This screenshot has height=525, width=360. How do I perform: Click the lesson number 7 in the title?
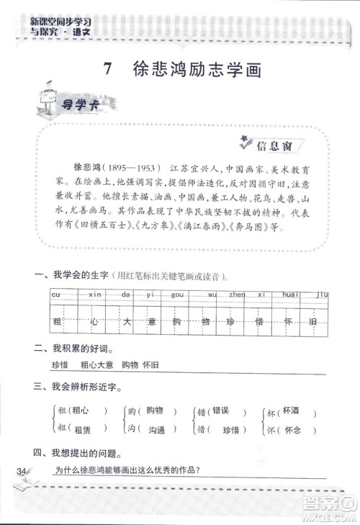point(108,70)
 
